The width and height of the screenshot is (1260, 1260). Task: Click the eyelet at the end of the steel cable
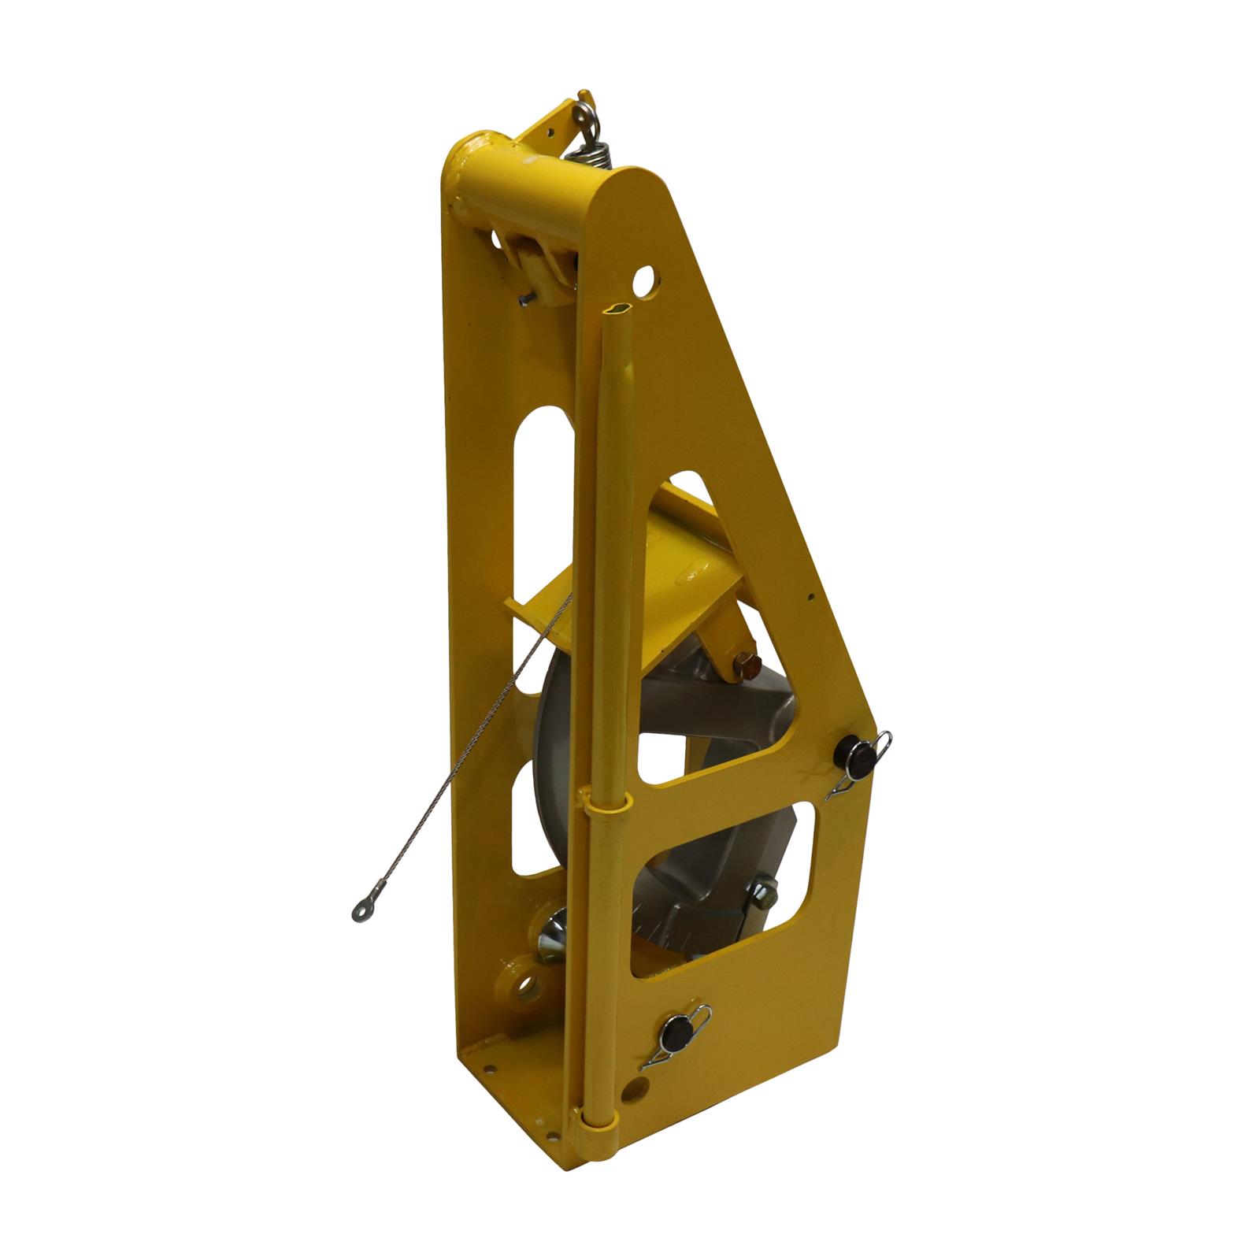coord(361,912)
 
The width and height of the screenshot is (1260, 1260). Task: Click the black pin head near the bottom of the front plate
coord(676,1032)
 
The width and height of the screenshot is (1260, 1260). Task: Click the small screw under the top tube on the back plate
coord(525,298)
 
